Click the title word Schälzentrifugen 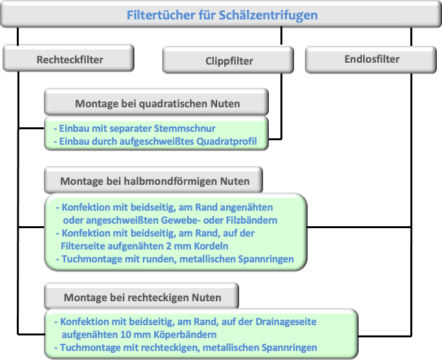tap(268, 16)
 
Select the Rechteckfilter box tap(68, 58)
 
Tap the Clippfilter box tap(228, 59)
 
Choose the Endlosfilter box tap(371, 59)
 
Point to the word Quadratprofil tap(226, 142)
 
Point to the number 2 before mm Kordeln tap(169, 246)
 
